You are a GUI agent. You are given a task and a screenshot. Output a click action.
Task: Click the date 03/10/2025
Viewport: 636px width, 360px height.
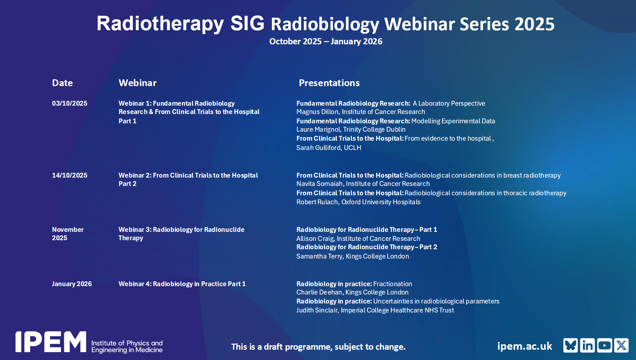pyautogui.click(x=70, y=103)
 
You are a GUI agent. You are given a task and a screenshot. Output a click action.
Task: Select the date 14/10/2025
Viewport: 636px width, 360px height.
pyautogui.click(x=70, y=175)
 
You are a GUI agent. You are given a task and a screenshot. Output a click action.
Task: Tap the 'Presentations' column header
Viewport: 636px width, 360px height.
pyautogui.click(x=329, y=83)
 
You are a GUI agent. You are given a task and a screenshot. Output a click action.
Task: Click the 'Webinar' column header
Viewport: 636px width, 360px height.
pyautogui.click(x=138, y=83)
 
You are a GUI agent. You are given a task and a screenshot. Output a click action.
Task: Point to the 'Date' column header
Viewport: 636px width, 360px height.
pyautogui.click(x=62, y=83)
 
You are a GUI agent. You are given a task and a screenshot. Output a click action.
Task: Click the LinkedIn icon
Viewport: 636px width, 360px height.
pyautogui.click(x=587, y=346)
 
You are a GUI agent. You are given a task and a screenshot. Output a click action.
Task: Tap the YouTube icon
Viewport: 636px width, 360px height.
pyautogui.click(x=605, y=346)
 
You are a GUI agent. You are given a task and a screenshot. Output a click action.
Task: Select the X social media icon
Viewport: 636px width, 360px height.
pyautogui.click(x=621, y=346)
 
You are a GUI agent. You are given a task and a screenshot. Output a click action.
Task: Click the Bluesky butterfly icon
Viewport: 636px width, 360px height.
pyautogui.click(x=570, y=346)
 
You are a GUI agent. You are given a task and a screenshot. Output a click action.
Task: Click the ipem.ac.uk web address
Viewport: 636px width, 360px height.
pyautogui.click(x=525, y=346)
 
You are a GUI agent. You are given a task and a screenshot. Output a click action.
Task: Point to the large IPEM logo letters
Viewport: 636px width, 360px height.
pyautogui.click(x=51, y=342)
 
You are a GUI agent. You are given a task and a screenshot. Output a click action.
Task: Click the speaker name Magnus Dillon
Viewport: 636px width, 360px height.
pyautogui.click(x=318, y=112)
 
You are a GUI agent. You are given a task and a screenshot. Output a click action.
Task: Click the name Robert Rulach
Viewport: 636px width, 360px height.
pyautogui.click(x=317, y=202)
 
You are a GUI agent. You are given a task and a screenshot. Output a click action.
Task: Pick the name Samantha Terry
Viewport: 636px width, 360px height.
pyautogui.click(x=319, y=256)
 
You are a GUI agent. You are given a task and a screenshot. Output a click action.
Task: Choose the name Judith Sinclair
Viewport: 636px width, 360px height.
pyautogui.click(x=317, y=310)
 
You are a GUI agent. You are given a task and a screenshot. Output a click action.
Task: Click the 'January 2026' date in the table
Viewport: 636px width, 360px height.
pyautogui.click(x=72, y=284)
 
